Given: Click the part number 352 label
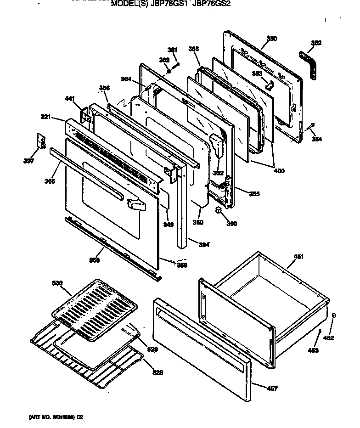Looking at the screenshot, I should pyautogui.click(x=316, y=43).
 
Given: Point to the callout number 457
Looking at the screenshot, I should pyautogui.click(x=272, y=389).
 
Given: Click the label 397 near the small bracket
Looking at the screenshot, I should pyautogui.click(x=29, y=161).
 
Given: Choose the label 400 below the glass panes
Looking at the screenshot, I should pyautogui.click(x=278, y=171).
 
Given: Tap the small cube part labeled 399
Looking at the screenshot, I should pyautogui.click(x=219, y=210).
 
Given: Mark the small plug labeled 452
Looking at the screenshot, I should pyautogui.click(x=334, y=316).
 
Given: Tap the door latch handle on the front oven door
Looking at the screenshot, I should pyautogui.click(x=134, y=203).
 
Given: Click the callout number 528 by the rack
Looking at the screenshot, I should pyautogui.click(x=157, y=372).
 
